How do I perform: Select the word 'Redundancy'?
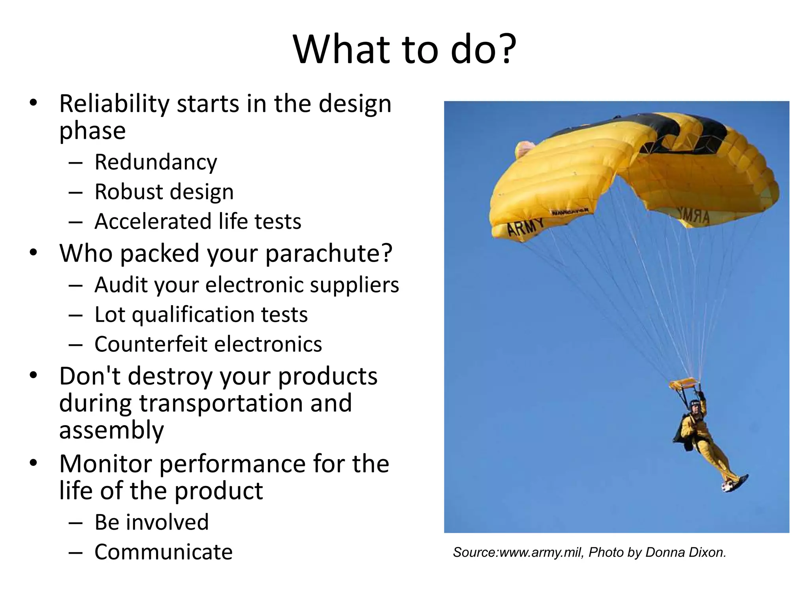click(156, 162)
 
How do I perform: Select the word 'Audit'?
click(120, 285)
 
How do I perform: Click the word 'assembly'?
click(111, 430)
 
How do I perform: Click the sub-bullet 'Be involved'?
click(152, 522)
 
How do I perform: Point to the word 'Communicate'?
click(164, 552)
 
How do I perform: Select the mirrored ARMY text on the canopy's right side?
click(694, 215)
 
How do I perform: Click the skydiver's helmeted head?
click(695, 405)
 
